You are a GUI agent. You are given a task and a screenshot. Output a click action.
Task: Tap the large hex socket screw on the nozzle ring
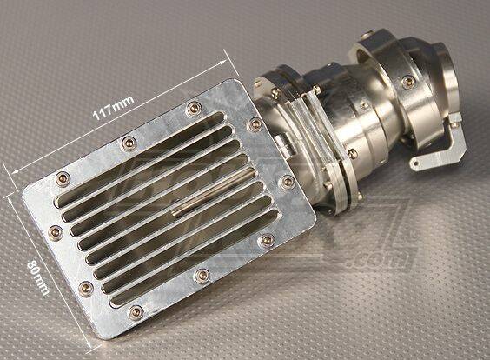[x=407, y=82]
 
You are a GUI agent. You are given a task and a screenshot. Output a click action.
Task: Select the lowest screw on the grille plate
[x=136, y=310]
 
